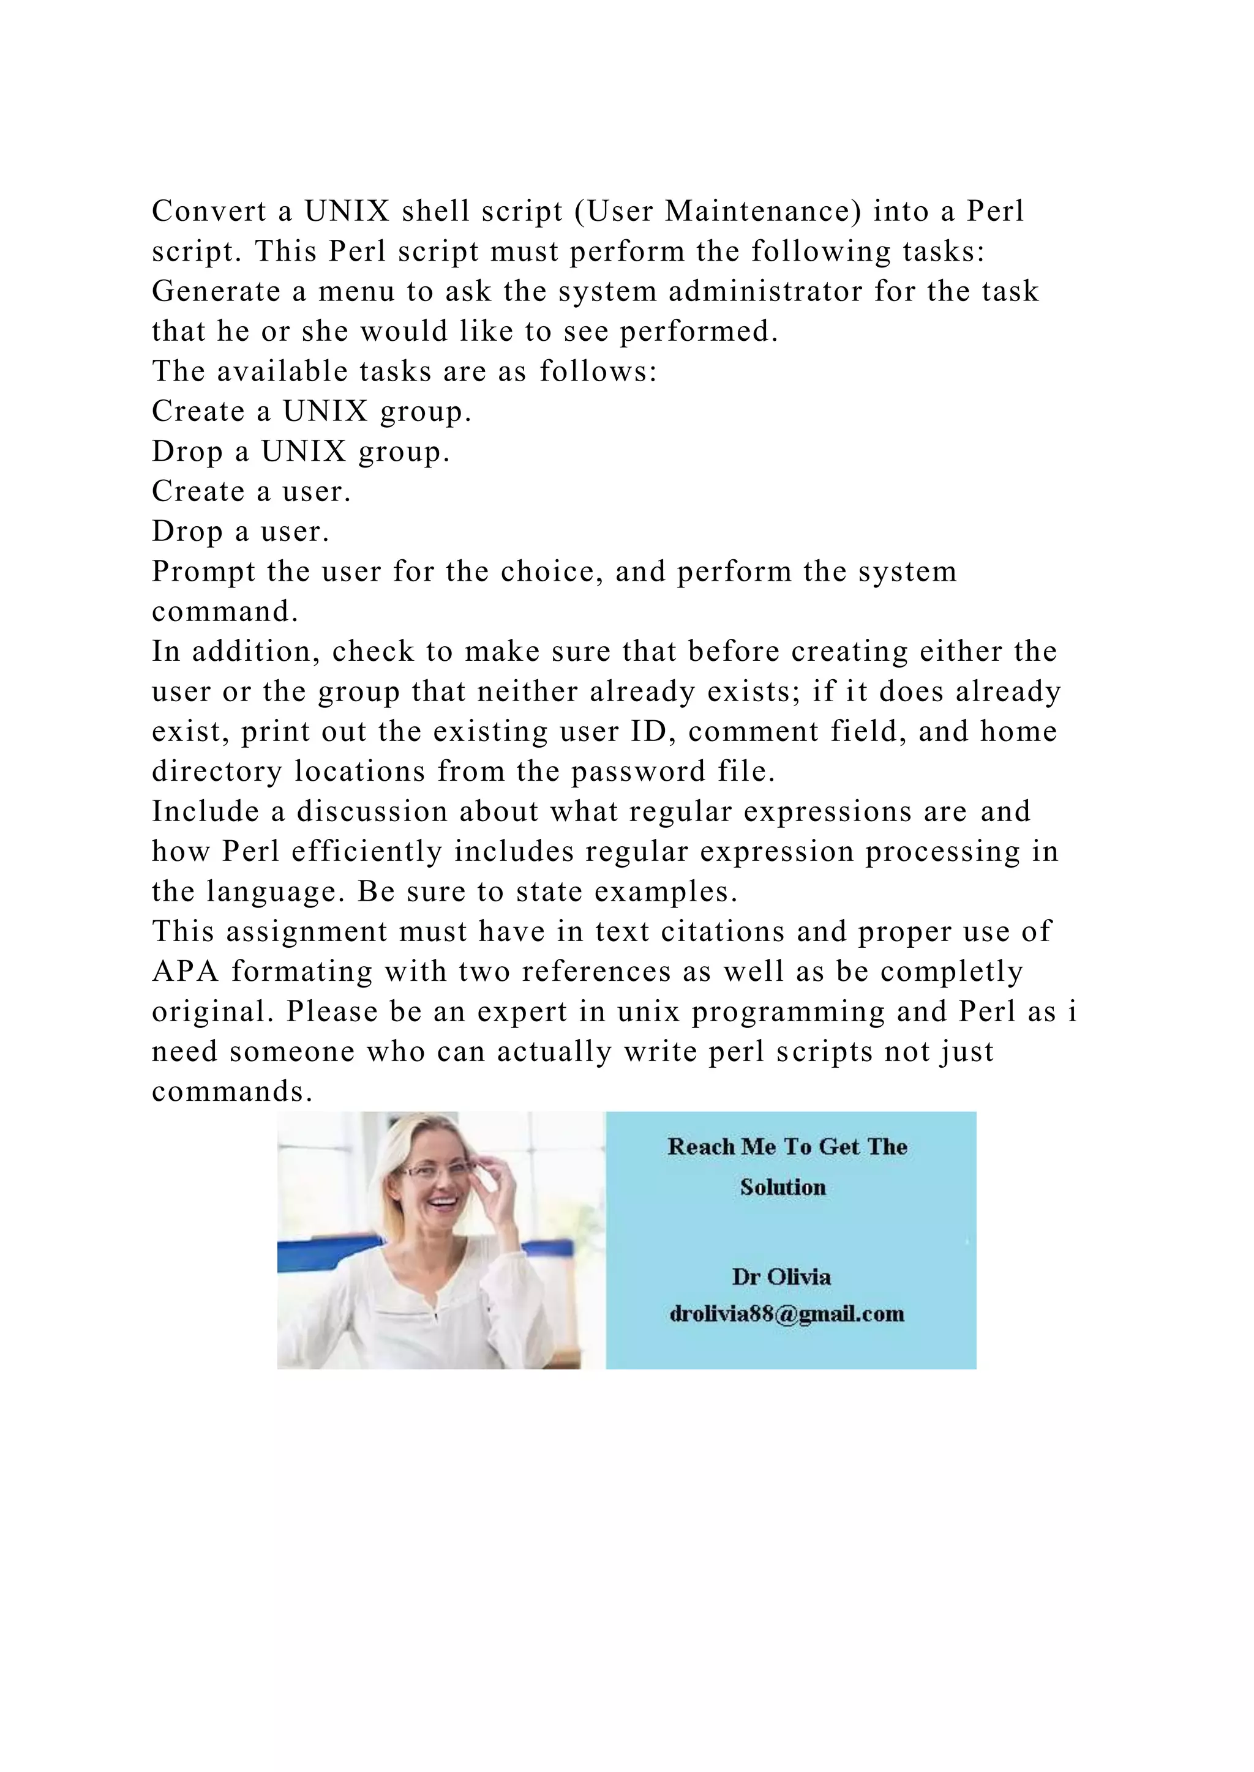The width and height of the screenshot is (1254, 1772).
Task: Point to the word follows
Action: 597,372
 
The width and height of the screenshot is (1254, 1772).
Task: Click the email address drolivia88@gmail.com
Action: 786,1314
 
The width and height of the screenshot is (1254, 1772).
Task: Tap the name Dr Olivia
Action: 781,1276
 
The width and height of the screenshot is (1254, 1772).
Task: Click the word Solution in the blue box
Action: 783,1187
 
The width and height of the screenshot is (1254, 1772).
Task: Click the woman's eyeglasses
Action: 434,1172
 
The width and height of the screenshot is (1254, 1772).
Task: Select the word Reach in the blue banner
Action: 701,1147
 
